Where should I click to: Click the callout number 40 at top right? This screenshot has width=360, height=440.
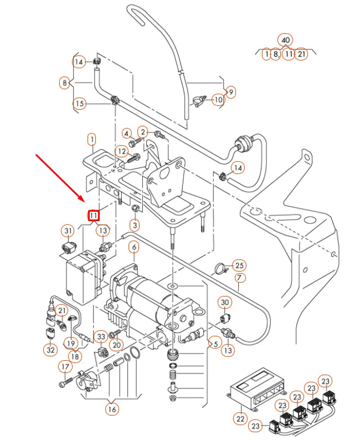point(286,40)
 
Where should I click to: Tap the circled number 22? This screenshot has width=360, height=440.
point(240,419)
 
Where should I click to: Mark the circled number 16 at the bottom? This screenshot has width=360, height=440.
point(112,410)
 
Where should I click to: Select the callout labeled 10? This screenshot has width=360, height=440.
point(218,100)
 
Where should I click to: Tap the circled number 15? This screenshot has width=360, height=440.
point(79,103)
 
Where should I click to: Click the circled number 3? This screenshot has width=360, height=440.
point(135,225)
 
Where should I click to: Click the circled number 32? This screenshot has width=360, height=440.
point(50,350)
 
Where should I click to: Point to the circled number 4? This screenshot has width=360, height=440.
point(126,133)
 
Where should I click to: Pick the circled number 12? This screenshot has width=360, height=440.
point(121,151)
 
